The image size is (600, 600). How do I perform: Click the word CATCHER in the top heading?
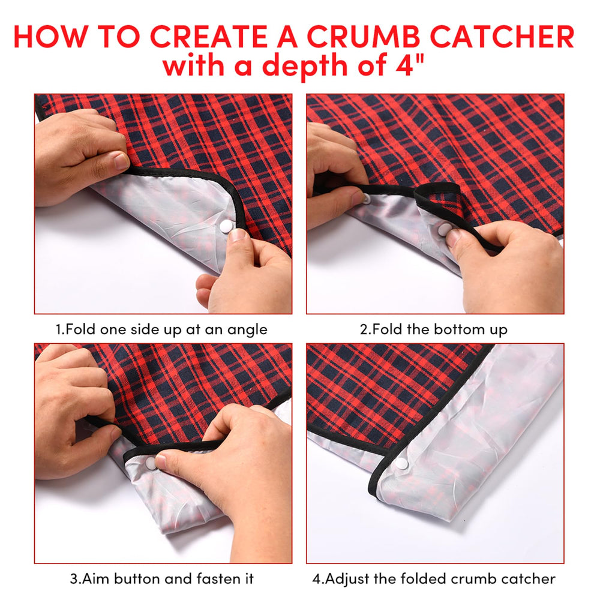click(502, 37)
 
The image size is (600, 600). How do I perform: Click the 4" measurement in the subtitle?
click(409, 64)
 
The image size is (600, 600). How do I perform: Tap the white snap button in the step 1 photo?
click(226, 227)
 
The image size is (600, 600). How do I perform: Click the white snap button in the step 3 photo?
click(151, 463)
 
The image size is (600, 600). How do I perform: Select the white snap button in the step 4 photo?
click(401, 463)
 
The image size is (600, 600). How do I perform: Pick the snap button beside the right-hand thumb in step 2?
click(444, 230)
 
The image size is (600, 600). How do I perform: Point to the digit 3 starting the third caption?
click(74, 578)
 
